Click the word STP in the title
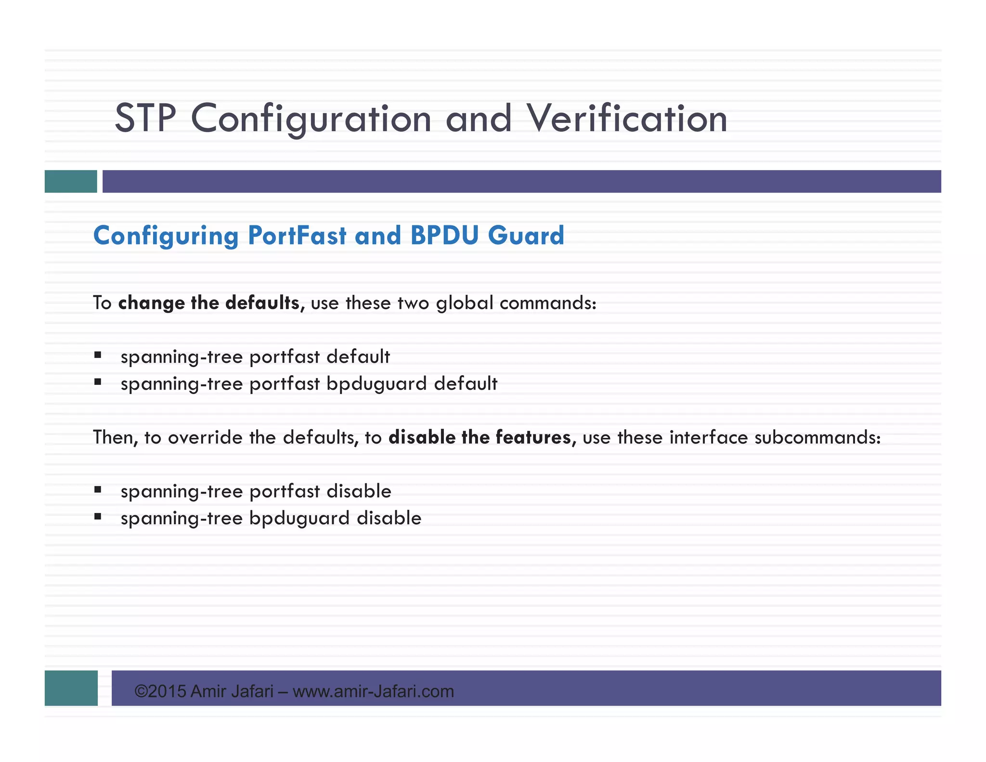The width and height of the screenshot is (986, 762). point(145,118)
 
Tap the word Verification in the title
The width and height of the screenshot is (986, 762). point(626,118)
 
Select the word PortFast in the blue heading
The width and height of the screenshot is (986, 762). point(297,236)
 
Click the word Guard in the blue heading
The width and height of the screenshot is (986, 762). point(526,236)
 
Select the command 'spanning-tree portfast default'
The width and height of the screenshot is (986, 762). point(255,357)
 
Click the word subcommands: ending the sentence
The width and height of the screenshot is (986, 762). point(817,437)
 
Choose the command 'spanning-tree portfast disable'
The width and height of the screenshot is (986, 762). point(256,491)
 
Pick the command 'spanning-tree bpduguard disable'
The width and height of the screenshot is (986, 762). point(271,518)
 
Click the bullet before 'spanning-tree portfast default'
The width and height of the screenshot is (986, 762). point(98,355)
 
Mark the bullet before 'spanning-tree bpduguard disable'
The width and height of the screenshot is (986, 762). point(98,517)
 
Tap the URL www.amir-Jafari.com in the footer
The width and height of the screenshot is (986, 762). point(373,691)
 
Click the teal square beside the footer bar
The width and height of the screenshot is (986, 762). point(71,688)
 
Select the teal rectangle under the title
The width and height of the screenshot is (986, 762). point(71,181)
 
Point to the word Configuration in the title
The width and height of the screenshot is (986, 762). point(311,118)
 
